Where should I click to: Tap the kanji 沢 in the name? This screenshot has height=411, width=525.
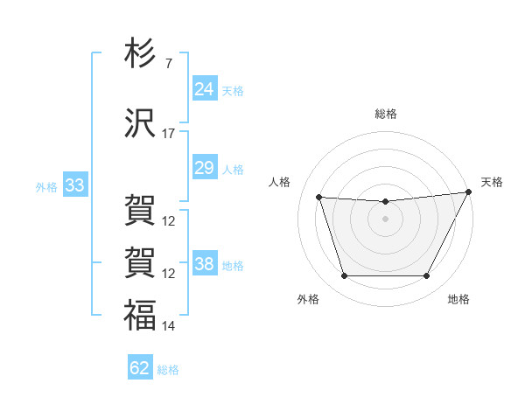[x=140, y=125]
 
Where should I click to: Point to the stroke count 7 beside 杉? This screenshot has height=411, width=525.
[x=168, y=64]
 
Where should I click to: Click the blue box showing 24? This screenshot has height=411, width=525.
[x=204, y=89]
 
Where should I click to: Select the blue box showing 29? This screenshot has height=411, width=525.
[x=204, y=168]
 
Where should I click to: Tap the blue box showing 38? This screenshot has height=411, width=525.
[x=204, y=264]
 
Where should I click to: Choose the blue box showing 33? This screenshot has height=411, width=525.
[x=74, y=185]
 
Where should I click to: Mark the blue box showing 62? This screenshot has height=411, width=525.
[x=139, y=368]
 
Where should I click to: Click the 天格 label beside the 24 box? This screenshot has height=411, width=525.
[x=232, y=91]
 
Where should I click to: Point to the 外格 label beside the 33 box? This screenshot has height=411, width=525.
[x=46, y=187]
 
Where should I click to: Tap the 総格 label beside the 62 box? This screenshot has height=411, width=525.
[x=168, y=370]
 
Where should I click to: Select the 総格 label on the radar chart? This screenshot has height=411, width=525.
[x=385, y=115]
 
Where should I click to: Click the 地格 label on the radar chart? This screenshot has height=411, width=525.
[x=458, y=300]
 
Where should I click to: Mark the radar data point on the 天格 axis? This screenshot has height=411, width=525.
[x=469, y=192]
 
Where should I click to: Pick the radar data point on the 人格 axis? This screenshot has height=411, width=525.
[x=318, y=198]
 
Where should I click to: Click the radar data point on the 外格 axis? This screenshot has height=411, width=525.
[x=344, y=276]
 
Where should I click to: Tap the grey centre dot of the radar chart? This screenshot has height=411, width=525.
[x=385, y=219]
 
